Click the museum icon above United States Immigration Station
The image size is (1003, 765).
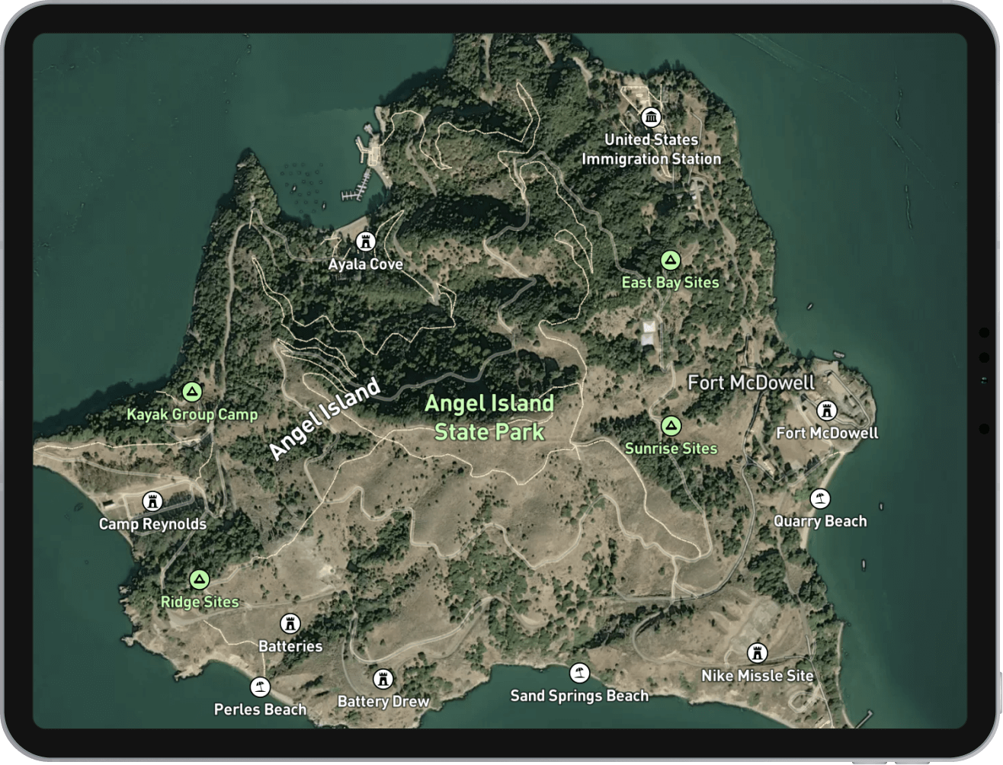(x=651, y=117)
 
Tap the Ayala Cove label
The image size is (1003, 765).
(x=366, y=264)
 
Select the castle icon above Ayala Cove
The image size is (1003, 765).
(x=366, y=242)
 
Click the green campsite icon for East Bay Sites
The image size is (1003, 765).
(x=670, y=261)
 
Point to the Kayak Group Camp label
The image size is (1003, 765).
(x=192, y=415)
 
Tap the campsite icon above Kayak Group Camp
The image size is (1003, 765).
(x=192, y=392)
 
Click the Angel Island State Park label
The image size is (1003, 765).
(x=489, y=418)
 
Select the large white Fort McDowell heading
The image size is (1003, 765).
(x=751, y=382)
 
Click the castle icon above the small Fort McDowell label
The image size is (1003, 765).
(x=826, y=411)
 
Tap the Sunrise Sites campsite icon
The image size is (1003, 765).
(x=671, y=426)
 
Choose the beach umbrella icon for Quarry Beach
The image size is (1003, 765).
(x=820, y=499)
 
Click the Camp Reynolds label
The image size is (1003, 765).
(x=152, y=524)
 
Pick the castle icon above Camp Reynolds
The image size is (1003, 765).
(x=152, y=501)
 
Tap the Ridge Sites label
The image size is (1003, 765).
(x=200, y=602)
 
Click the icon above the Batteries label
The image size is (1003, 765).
(x=290, y=624)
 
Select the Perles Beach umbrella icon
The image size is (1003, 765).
(x=261, y=687)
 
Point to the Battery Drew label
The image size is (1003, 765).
(x=383, y=701)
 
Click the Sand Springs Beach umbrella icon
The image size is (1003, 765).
(x=579, y=674)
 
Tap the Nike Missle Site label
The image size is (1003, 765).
(x=758, y=676)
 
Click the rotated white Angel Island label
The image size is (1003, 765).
(x=325, y=419)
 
